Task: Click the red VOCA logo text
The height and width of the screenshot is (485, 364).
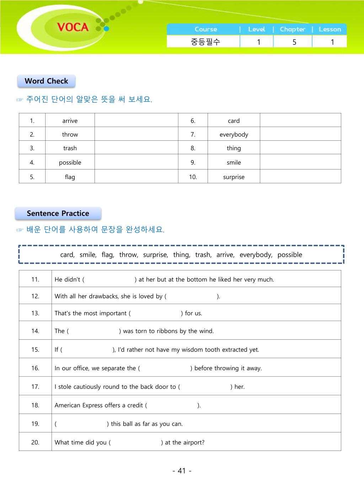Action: tap(73, 27)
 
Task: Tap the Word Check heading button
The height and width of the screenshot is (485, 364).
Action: tap(46, 81)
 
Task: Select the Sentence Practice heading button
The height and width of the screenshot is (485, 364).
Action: tap(58, 214)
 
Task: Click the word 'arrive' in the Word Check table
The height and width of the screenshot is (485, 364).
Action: tap(70, 121)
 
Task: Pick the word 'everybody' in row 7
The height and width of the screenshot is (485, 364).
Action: tap(234, 135)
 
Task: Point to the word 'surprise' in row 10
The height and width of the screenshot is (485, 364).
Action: tap(234, 177)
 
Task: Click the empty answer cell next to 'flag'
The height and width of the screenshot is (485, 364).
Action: tap(136, 177)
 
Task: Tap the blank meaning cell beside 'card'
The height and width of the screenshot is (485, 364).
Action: tap(300, 120)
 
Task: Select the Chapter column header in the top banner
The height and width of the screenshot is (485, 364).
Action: tap(292, 29)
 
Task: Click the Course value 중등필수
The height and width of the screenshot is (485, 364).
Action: tap(205, 42)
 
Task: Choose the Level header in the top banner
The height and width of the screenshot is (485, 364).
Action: tap(256, 29)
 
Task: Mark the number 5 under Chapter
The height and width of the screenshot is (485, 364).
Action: tap(294, 42)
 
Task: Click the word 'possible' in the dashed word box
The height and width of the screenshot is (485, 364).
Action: tap(290, 255)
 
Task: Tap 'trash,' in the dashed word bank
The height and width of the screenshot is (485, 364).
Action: tap(203, 255)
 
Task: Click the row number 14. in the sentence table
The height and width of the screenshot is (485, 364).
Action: tap(35, 331)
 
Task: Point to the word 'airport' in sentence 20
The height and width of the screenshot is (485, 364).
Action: tap(194, 442)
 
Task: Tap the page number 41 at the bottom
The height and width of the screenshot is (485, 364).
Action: tap(182, 471)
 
